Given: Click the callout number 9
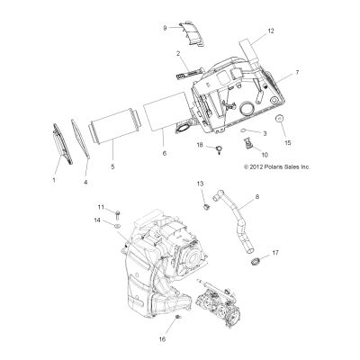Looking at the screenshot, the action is [165, 28].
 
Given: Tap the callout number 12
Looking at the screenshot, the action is [271, 31].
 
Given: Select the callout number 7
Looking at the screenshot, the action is [297, 72].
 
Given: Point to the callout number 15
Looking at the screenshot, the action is [288, 143].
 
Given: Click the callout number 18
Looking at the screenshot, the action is [200, 145].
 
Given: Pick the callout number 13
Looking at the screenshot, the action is [200, 184].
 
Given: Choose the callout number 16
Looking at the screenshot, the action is [162, 339].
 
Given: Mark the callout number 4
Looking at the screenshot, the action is [85, 182].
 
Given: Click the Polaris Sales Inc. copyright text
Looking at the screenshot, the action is [277, 167].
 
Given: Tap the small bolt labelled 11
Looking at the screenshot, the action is [118, 215].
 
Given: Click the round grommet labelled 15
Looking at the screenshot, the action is [280, 119].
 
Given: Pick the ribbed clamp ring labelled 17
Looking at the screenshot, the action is [255, 262].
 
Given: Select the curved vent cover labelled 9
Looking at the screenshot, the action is [192, 33].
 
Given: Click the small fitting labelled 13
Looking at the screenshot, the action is [206, 207].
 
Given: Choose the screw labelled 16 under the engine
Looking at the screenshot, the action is [178, 317].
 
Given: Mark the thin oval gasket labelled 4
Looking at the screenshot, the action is [81, 138].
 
